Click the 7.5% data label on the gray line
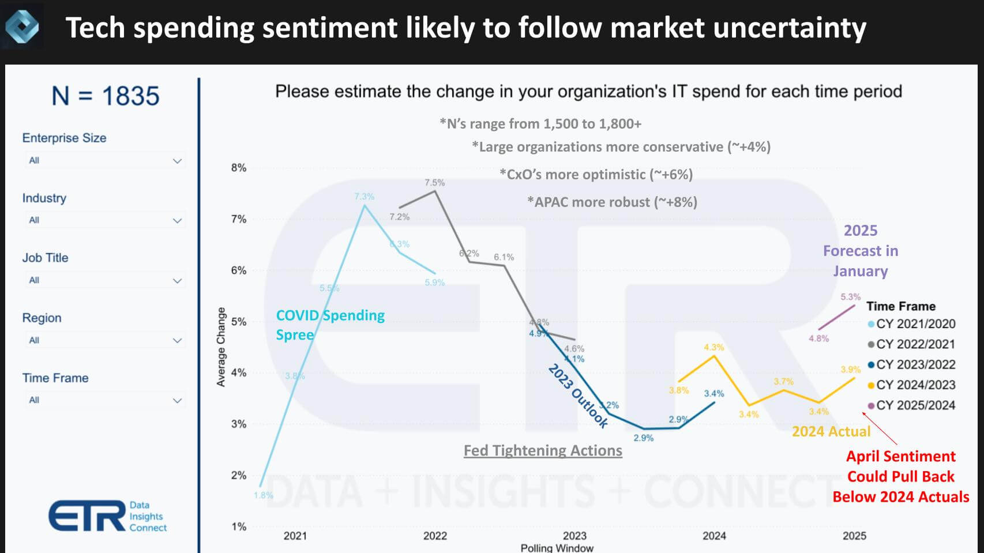tap(434, 183)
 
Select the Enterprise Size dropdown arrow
tap(177, 161)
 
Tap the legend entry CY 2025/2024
tap(915, 405)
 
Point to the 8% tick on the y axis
tap(239, 168)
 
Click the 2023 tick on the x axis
tap(574, 536)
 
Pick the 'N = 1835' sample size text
tap(105, 96)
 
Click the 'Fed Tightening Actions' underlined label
tap(543, 450)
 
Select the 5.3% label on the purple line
tap(850, 297)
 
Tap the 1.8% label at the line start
tap(263, 495)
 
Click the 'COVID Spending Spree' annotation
tap(329, 325)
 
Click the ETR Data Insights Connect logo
tap(108, 516)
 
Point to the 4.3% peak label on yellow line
tap(713, 347)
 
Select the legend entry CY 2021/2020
tap(915, 324)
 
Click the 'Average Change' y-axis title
tap(221, 347)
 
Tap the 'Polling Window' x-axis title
tap(557, 548)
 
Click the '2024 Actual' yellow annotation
tap(831, 431)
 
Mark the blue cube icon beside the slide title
tap(22, 27)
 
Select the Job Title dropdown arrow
tap(177, 281)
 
